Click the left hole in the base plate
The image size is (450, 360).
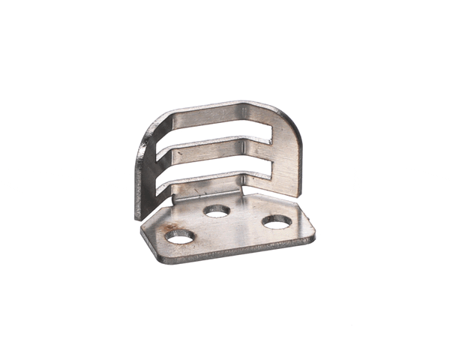179,238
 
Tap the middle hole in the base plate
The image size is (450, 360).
217,211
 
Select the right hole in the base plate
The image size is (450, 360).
277,221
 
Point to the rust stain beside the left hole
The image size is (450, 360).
170,226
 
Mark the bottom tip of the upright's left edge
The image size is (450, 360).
139,217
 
